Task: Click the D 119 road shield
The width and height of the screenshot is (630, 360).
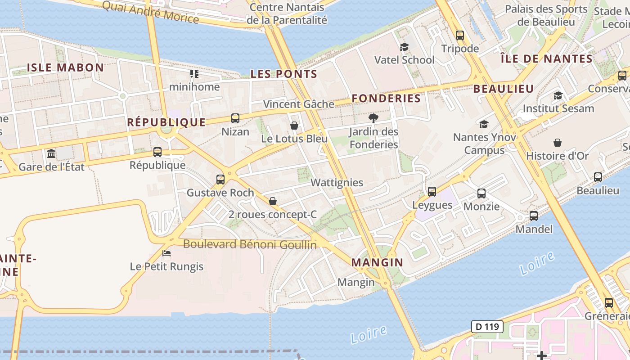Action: click(487, 327)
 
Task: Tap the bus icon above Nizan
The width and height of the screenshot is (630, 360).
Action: click(235, 118)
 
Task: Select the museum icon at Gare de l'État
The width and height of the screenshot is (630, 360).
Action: click(51, 154)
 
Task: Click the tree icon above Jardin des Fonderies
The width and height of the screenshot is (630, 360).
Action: click(373, 118)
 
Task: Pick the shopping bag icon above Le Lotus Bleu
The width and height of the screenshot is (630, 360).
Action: click(294, 126)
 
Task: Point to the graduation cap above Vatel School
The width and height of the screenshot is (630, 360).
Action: click(404, 47)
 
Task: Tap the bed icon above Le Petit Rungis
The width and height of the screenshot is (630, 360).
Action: click(166, 253)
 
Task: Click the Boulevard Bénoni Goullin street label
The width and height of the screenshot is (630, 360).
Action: click(250, 245)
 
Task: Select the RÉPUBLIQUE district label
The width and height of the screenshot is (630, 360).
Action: click(166, 122)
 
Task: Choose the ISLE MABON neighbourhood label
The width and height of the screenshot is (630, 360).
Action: click(66, 68)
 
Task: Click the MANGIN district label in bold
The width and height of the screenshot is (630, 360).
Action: click(377, 263)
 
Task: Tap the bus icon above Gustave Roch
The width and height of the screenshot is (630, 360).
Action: click(220, 180)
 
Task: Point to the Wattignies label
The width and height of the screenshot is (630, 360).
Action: click(337, 183)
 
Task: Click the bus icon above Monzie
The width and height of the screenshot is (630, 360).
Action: click(481, 193)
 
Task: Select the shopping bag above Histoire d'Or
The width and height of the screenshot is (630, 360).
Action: click(558, 143)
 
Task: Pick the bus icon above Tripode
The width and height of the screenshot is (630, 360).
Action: click(459, 35)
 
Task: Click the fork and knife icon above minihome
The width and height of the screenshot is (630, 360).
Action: click(194, 73)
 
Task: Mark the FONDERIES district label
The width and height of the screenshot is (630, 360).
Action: click(386, 99)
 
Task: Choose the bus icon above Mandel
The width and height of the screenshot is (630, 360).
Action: click(534, 216)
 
